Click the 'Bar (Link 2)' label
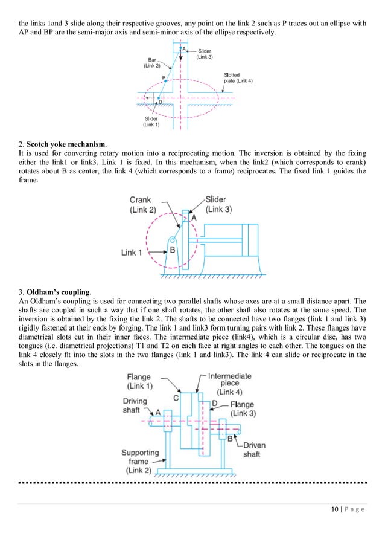tap(152, 63)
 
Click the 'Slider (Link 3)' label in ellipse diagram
tap(205, 54)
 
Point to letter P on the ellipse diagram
tap(164, 77)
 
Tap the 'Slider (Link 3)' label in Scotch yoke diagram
tap(220, 204)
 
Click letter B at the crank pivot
tap(172, 249)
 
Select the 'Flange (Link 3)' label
tap(243, 409)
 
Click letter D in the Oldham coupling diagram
tap(214, 403)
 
